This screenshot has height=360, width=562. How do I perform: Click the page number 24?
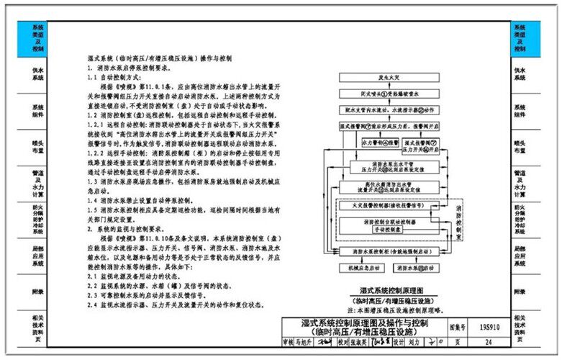(x=489, y=343)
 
